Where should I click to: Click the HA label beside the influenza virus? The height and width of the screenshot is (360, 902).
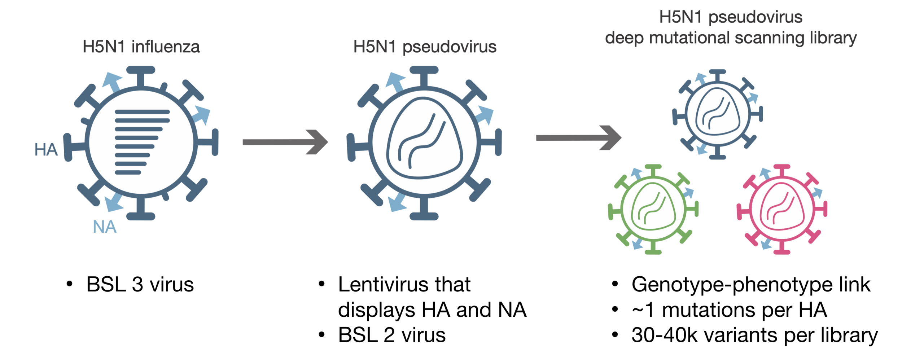46,149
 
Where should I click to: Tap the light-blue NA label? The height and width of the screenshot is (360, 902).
105,227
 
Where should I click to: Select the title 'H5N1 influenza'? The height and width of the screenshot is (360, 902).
141,47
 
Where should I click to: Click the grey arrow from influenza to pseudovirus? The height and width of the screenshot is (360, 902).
285,142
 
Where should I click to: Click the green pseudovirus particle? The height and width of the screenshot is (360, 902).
653,210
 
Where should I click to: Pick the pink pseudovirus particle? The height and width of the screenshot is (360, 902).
782,210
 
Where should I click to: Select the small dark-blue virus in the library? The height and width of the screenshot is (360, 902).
718,114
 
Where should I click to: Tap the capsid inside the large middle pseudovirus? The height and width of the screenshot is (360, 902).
424,139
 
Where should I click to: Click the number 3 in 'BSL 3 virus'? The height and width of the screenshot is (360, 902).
137,285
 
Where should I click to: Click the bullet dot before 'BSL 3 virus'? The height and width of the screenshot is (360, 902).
70,284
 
